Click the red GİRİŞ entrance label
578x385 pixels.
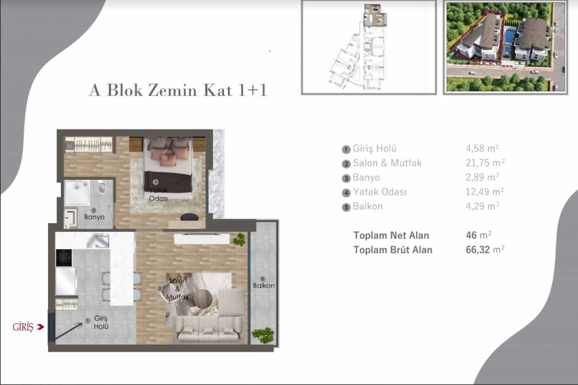[23, 327]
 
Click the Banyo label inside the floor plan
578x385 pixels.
[94, 217]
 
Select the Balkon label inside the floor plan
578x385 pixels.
[263, 286]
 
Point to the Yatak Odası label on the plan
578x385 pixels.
[158, 194]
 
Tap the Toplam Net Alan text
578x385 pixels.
[391, 236]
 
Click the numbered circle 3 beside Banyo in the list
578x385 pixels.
[346, 178]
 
